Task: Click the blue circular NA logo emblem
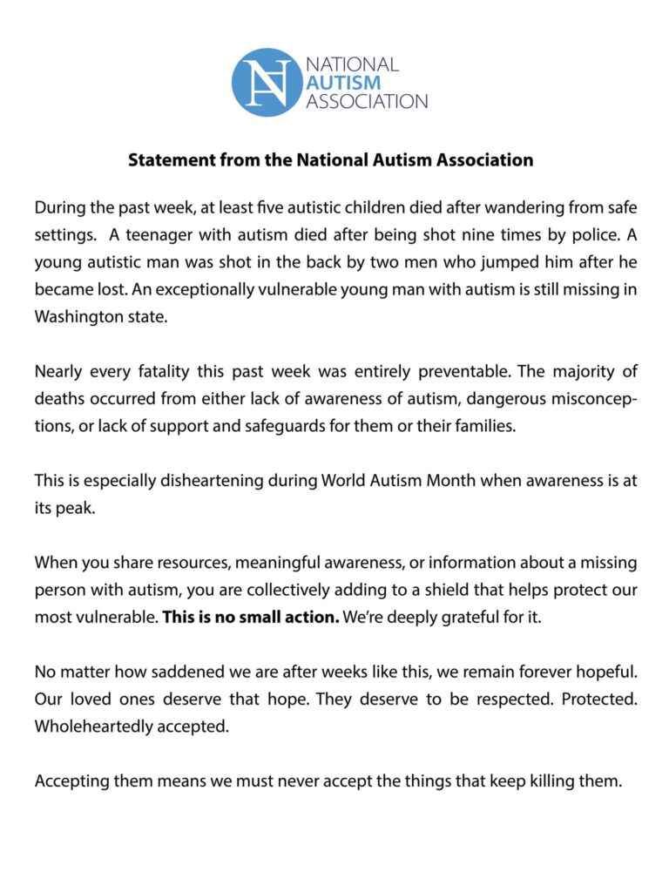click(266, 83)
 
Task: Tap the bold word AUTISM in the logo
click(343, 83)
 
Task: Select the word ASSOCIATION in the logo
click(367, 101)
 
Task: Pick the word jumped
click(422, 263)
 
